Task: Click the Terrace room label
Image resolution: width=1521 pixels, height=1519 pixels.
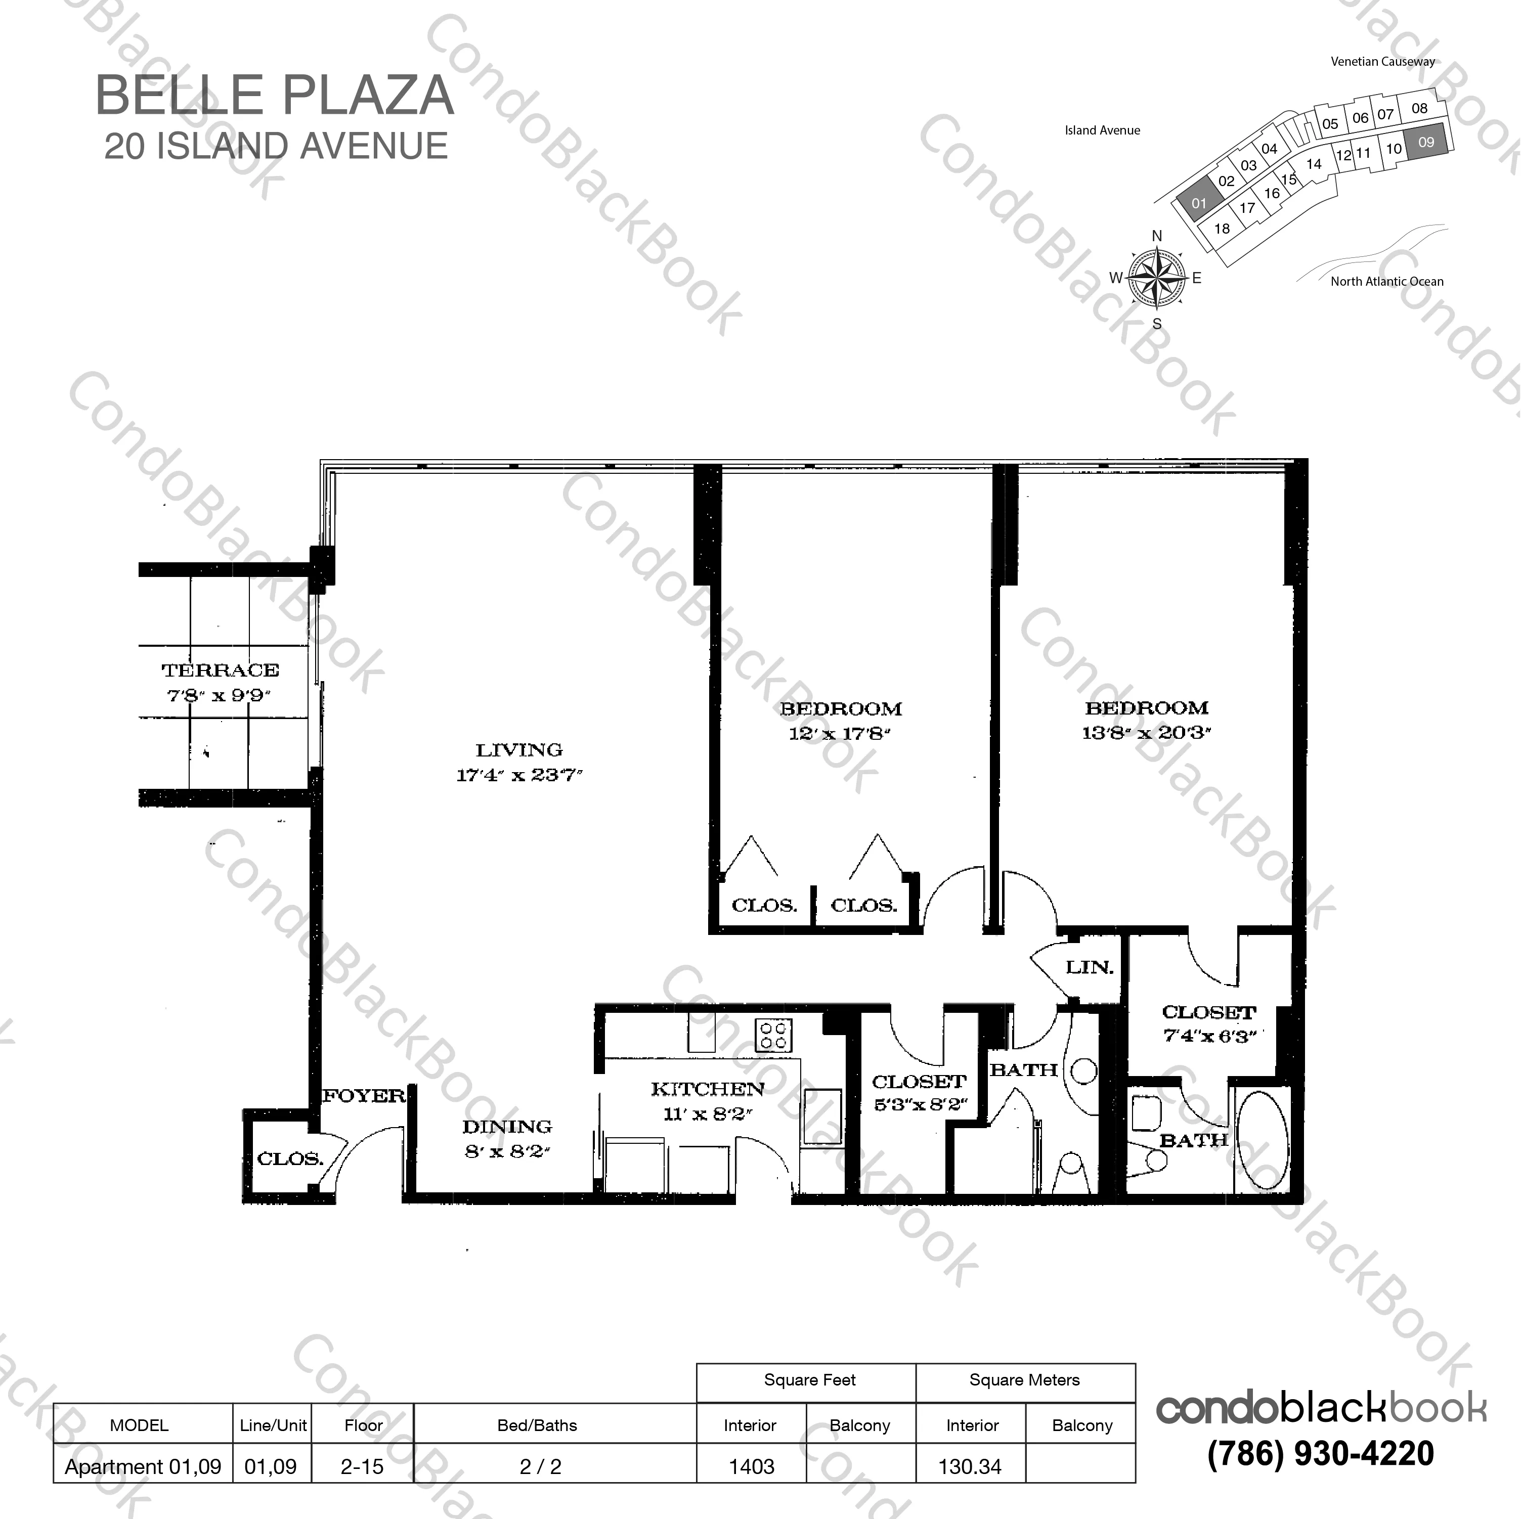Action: pyautogui.click(x=221, y=671)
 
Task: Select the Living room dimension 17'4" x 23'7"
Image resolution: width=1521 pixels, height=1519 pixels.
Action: pyautogui.click(x=519, y=775)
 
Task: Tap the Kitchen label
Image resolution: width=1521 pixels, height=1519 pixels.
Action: pyautogui.click(x=707, y=1089)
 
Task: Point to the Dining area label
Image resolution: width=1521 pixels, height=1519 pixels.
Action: pyautogui.click(x=507, y=1126)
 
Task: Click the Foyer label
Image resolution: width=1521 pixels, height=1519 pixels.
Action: pyautogui.click(x=364, y=1096)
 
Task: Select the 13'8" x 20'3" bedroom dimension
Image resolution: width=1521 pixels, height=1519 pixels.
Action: pyautogui.click(x=1146, y=733)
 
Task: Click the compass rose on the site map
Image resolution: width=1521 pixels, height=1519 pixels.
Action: pyautogui.click(x=1156, y=278)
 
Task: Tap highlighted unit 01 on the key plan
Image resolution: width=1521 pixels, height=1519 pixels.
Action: pyautogui.click(x=1198, y=203)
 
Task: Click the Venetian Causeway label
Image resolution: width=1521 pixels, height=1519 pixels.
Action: pyautogui.click(x=1382, y=61)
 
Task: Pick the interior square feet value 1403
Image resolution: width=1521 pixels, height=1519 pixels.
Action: pyautogui.click(x=751, y=1467)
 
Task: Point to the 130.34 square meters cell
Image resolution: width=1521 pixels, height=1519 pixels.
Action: pyautogui.click(x=970, y=1467)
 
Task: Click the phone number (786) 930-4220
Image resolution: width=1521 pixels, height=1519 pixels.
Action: pyautogui.click(x=1320, y=1454)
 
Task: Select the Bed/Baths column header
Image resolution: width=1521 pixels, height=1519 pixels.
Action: pyautogui.click(x=537, y=1425)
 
